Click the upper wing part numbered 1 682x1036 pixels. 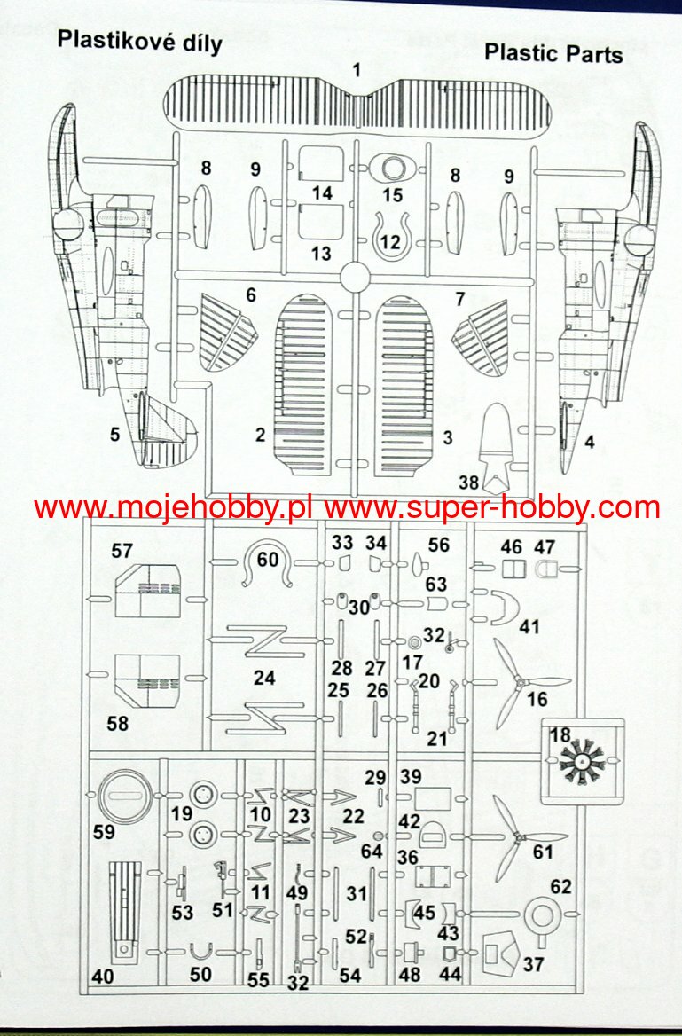(x=357, y=111)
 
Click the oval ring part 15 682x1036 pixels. (x=392, y=166)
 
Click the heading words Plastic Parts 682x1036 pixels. (x=553, y=53)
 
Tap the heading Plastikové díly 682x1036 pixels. (x=139, y=41)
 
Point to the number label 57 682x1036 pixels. (x=122, y=551)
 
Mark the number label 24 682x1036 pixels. (x=263, y=678)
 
